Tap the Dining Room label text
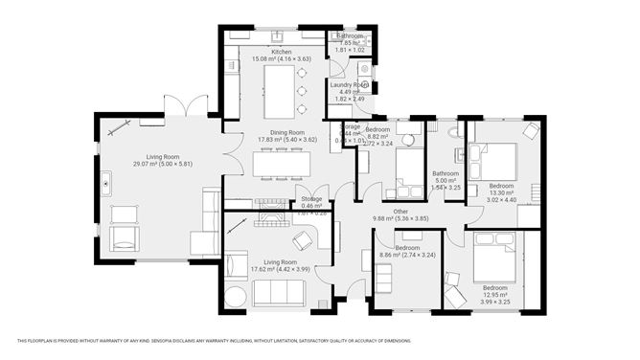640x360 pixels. pyautogui.click(x=281, y=133)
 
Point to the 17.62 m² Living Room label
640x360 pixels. pyautogui.click(x=281, y=265)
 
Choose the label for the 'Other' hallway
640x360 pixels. pyautogui.click(x=400, y=212)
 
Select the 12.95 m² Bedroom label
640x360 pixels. pyautogui.click(x=495, y=291)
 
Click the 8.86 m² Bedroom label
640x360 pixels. pyautogui.click(x=414, y=250)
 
